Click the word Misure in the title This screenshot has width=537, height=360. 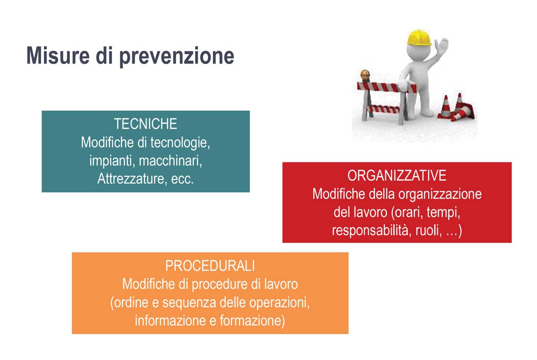pyautogui.click(x=58, y=56)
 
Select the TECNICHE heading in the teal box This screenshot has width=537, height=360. pyautogui.click(x=145, y=124)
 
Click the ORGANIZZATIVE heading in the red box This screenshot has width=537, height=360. pyautogui.click(x=397, y=176)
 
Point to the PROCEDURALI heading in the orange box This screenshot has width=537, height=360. pyautogui.click(x=210, y=266)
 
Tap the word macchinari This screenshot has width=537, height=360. pyautogui.click(x=170, y=160)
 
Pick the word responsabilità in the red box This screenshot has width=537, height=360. pyautogui.click(x=370, y=231)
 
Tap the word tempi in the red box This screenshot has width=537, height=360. pyautogui.click(x=443, y=213)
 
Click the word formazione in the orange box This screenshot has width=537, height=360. pyautogui.click(x=252, y=321)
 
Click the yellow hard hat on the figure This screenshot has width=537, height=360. pyautogui.click(x=418, y=38)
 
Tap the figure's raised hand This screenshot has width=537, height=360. pyautogui.click(x=442, y=45)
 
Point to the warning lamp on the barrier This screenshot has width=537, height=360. pyautogui.click(x=365, y=76)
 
